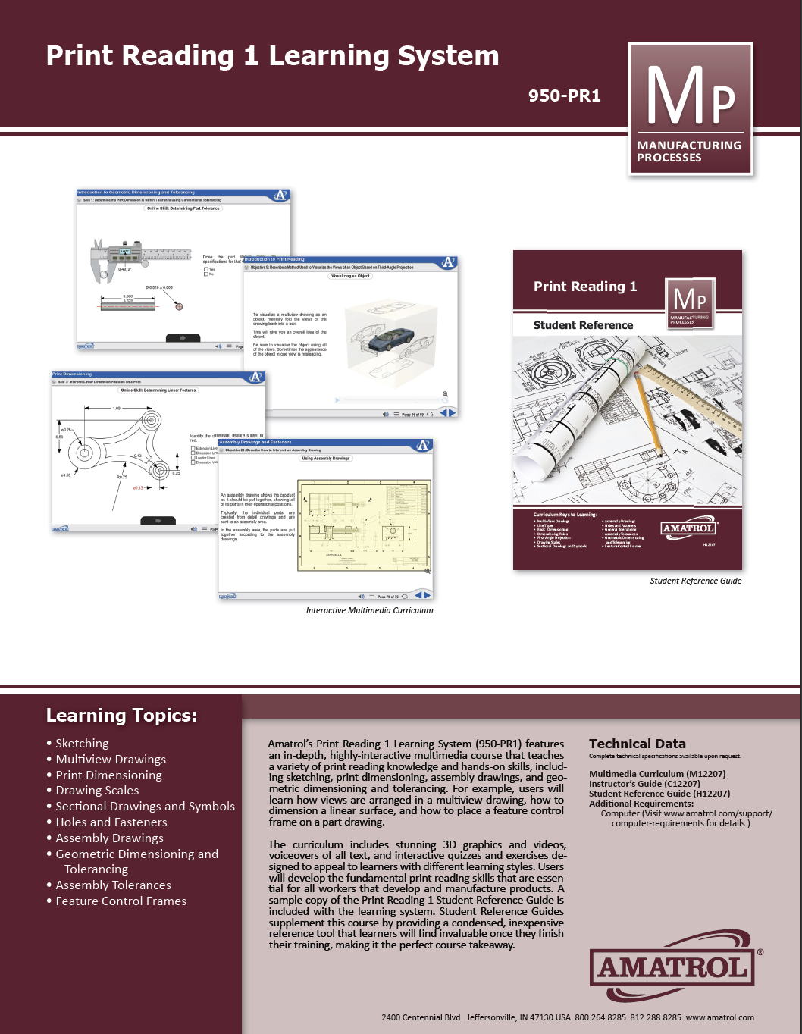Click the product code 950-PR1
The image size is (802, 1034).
coord(564,96)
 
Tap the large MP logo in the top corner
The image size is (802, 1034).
coord(691,108)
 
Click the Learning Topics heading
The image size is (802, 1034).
coord(121,715)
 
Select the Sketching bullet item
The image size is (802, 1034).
coord(82,743)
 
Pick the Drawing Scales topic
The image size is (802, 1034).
coord(97,790)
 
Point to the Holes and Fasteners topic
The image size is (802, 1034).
coord(111,822)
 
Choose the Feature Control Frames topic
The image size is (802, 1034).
coord(121,901)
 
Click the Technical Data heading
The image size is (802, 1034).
coord(637,744)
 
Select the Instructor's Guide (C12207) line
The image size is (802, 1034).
coord(644,784)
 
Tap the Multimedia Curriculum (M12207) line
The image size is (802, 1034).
coord(657,774)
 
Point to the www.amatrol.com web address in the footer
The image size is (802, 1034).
coord(719,1017)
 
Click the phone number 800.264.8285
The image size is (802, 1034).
coord(600,1017)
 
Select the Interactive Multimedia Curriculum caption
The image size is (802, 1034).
coord(369,610)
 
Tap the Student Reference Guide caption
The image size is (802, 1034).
coord(695,581)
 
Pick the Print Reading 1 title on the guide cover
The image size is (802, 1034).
coord(585,287)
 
